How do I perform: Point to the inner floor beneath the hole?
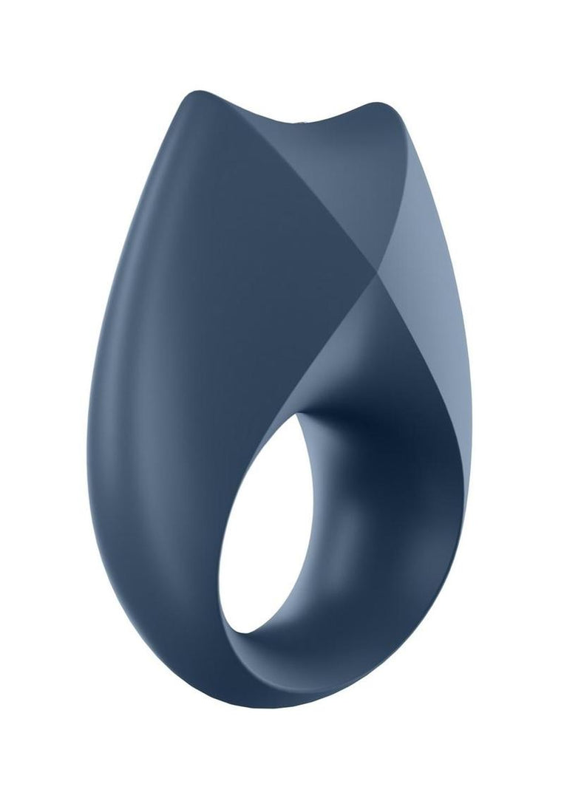pos(310,650)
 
